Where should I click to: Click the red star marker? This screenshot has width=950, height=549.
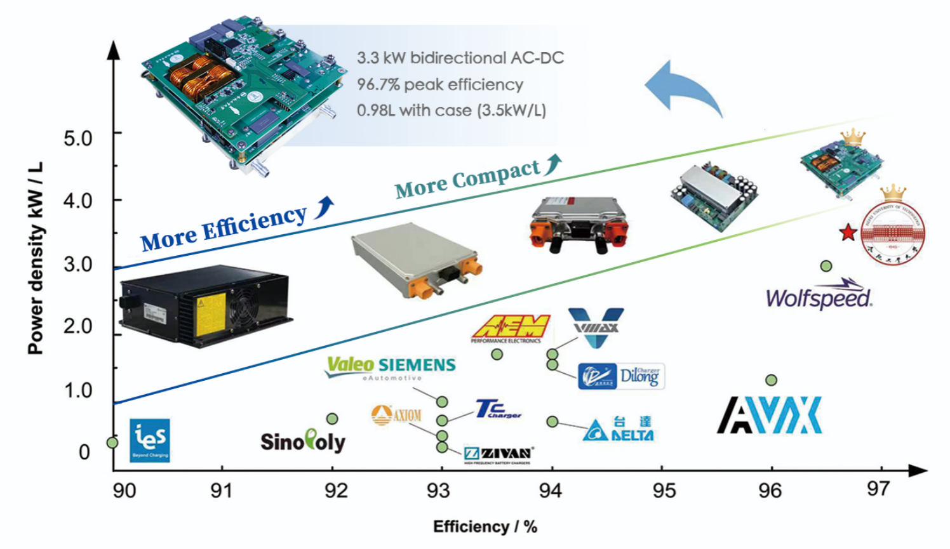848,232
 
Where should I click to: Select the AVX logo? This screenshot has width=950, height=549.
770,416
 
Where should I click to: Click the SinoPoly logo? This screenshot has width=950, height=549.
303,440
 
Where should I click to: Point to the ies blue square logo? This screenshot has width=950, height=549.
150,440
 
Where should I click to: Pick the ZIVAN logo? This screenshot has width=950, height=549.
498,454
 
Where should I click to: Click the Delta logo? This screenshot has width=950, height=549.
619,429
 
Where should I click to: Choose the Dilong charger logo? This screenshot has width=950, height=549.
621,376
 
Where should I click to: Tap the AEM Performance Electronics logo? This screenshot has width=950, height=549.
511,328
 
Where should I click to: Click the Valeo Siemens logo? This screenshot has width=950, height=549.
391,367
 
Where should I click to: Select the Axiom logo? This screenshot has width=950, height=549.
396,415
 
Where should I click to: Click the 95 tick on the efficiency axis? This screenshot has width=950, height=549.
664,490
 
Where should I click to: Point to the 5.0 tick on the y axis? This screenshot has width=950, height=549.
78,138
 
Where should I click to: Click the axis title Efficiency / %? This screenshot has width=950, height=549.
485,527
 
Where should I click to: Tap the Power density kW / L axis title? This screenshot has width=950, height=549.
36,257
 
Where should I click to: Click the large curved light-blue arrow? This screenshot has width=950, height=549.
683,89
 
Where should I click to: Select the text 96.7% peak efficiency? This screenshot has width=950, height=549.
440,84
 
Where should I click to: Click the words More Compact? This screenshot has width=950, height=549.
467,179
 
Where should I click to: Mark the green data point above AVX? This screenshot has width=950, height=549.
771,380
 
